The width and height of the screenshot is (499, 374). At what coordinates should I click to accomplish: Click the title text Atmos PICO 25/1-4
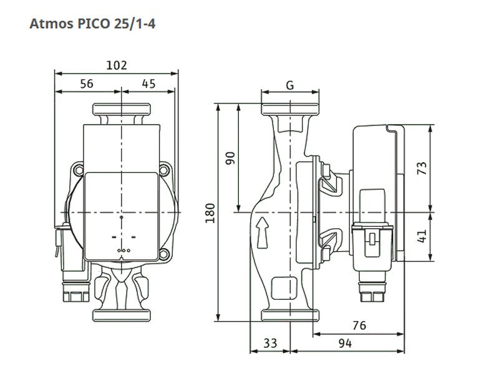pos(92,24)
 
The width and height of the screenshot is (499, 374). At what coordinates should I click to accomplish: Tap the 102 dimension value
pos(117,65)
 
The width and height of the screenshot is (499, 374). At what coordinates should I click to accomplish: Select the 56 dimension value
pos(87,84)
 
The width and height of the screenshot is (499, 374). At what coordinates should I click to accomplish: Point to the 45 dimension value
pos(148,84)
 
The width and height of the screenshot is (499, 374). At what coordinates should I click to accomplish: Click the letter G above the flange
pos(290,85)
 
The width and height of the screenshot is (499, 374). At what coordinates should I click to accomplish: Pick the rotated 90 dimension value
pos(230,158)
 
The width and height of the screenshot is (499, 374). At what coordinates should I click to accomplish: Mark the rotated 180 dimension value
pos(210,213)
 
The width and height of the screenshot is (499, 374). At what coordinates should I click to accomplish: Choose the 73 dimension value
pos(422,168)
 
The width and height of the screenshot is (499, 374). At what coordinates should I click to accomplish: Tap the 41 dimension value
pos(422,236)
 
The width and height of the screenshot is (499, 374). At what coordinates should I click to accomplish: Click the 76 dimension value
pos(359,325)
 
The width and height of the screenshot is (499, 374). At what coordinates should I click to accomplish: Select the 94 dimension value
pos(345,343)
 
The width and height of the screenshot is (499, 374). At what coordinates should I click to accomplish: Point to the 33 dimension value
pos(270,343)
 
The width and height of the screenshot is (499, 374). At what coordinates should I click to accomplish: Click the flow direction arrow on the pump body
pos(263,233)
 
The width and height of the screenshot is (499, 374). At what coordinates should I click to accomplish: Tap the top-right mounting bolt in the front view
pos(164,170)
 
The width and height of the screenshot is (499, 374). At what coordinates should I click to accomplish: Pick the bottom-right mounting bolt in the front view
pos(164,254)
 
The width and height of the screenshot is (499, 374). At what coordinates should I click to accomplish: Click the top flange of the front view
pos(121,110)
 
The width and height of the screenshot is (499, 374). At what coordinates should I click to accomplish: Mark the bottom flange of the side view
pos(290,315)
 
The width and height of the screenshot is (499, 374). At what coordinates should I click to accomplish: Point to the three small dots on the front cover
pos(124,251)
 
